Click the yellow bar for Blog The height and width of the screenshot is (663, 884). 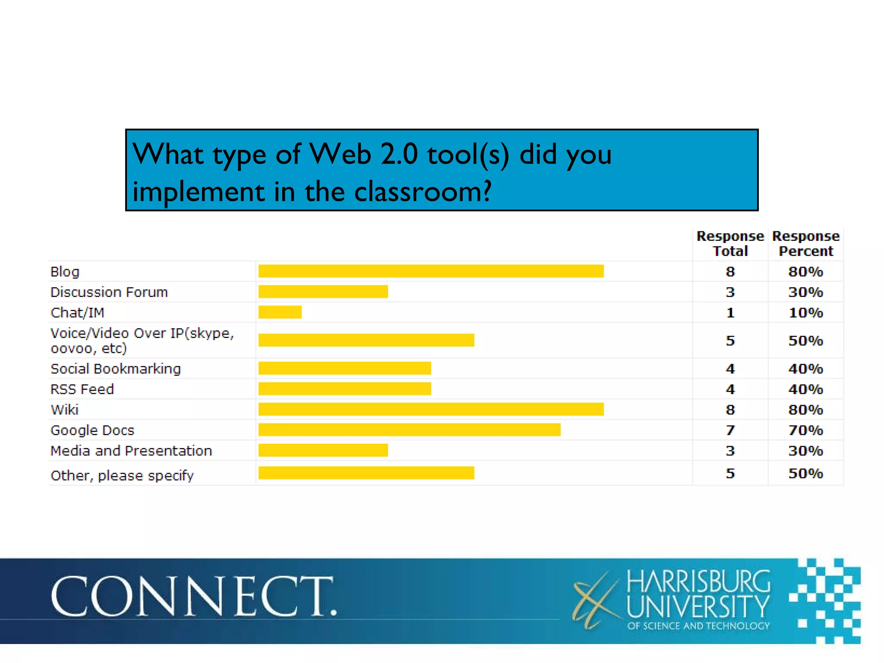point(431,271)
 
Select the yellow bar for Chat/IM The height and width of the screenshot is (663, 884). point(280,312)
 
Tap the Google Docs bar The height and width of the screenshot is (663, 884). point(409,430)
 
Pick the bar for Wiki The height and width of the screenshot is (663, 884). point(431,409)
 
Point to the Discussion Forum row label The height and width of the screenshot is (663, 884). point(109,292)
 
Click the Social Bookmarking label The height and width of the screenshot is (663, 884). point(116,369)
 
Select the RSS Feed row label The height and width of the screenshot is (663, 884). point(82,389)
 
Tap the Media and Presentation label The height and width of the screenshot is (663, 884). point(131,451)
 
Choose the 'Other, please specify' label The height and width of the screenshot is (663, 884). point(122,475)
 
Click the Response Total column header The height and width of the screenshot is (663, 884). point(730,243)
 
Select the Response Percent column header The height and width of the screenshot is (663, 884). point(805,243)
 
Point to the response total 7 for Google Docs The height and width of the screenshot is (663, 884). point(730,430)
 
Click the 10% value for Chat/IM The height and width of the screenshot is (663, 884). point(805,313)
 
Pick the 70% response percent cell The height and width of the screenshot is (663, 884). point(805,430)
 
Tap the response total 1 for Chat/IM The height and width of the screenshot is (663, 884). point(730,313)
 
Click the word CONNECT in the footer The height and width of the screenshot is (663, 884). point(193,596)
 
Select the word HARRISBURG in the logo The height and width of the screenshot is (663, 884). point(698,581)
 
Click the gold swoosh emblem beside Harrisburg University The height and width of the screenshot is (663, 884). point(595,600)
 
